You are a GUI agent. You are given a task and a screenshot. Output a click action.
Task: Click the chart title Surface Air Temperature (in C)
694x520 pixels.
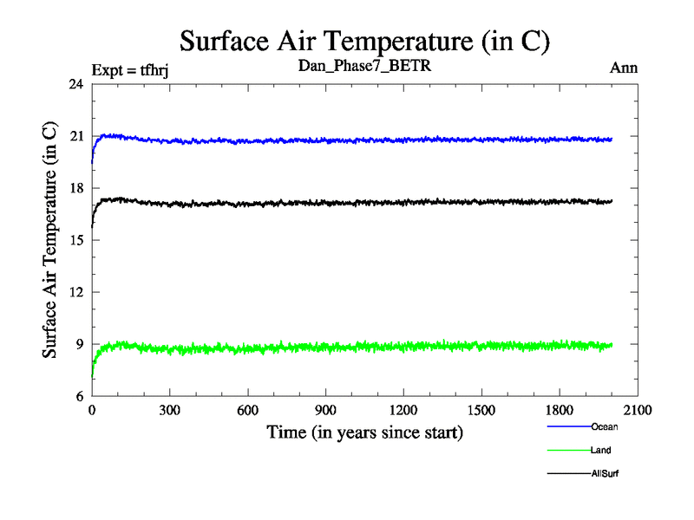click(364, 41)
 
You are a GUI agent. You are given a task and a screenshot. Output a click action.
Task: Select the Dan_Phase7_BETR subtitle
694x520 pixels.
click(364, 66)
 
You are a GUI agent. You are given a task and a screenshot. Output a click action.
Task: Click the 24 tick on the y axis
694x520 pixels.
click(75, 84)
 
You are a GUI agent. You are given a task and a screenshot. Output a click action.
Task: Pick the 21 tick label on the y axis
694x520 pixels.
click(75, 136)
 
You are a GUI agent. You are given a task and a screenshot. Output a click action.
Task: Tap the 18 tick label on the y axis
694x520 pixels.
click(75, 188)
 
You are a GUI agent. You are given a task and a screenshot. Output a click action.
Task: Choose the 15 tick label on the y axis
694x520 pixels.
click(75, 240)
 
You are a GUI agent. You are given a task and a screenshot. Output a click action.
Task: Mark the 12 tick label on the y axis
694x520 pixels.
click(75, 292)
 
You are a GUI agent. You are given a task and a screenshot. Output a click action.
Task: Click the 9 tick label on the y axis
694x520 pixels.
click(79, 344)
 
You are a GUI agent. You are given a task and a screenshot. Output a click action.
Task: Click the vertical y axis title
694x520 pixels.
click(50, 240)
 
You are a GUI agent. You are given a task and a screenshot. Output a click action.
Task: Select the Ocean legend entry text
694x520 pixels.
click(604, 426)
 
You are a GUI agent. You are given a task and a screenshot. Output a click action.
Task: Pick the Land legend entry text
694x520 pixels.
click(600, 450)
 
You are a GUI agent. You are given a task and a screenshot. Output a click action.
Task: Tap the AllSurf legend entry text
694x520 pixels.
click(605, 474)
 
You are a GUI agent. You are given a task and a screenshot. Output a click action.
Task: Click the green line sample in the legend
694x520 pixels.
click(568, 450)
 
